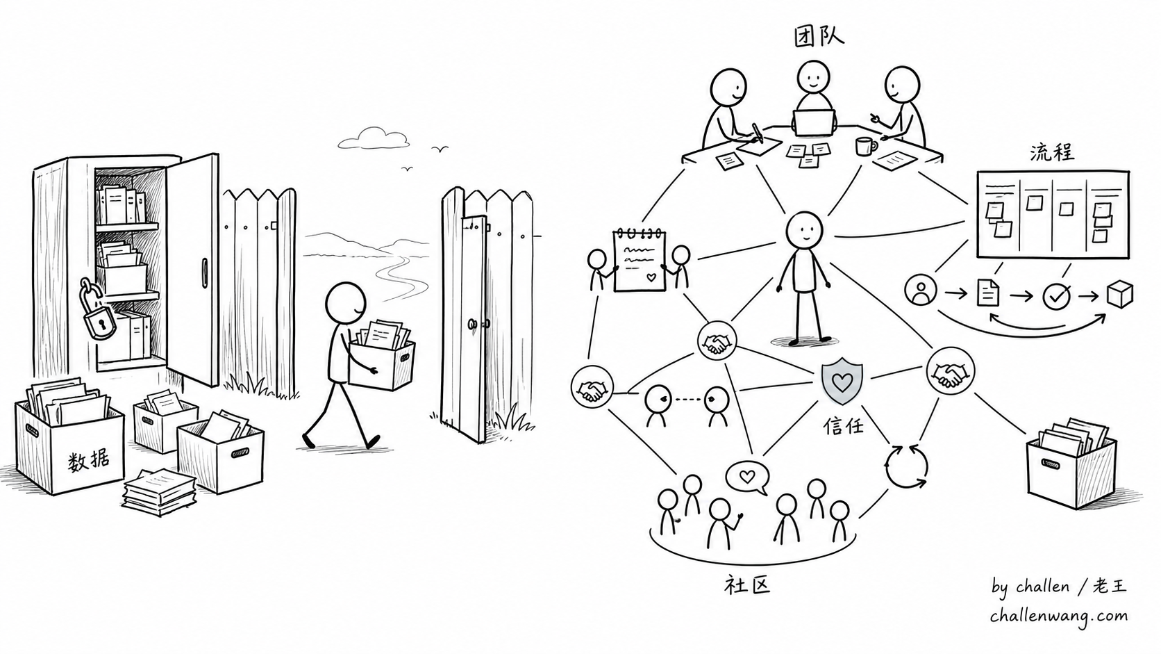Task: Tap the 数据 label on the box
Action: tap(89, 461)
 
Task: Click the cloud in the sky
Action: tap(373, 138)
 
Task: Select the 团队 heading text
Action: tap(819, 37)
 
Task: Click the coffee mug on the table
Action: tap(866, 146)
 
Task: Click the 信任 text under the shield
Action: tap(844, 426)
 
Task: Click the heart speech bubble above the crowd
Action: tap(747, 477)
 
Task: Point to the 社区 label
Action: tap(746, 585)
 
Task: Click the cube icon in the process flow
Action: tap(1119, 295)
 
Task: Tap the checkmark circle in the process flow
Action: tap(1056, 296)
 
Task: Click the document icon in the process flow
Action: tap(988, 293)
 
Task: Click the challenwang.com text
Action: tap(1058, 616)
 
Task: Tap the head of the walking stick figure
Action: tap(346, 303)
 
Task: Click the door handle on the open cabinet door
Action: tap(205, 272)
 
